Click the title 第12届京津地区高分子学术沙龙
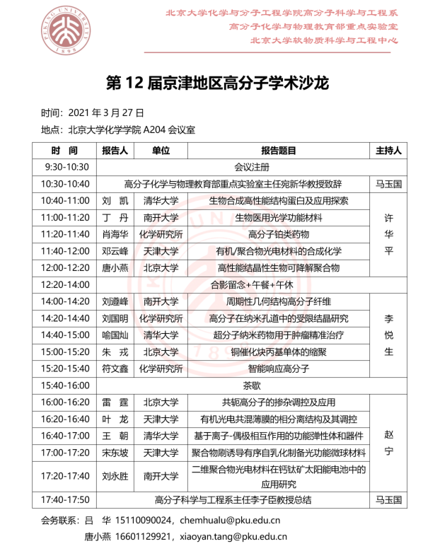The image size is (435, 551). [x=217, y=83]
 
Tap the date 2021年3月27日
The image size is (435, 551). [x=105, y=113]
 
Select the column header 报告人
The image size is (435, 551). [x=115, y=151]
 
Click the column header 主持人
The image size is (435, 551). [x=388, y=151]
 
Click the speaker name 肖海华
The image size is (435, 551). [x=115, y=234]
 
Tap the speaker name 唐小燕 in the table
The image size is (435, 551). [x=115, y=267]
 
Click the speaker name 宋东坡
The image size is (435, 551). [x=115, y=452]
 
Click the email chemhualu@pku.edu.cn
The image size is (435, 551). [x=236, y=521]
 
